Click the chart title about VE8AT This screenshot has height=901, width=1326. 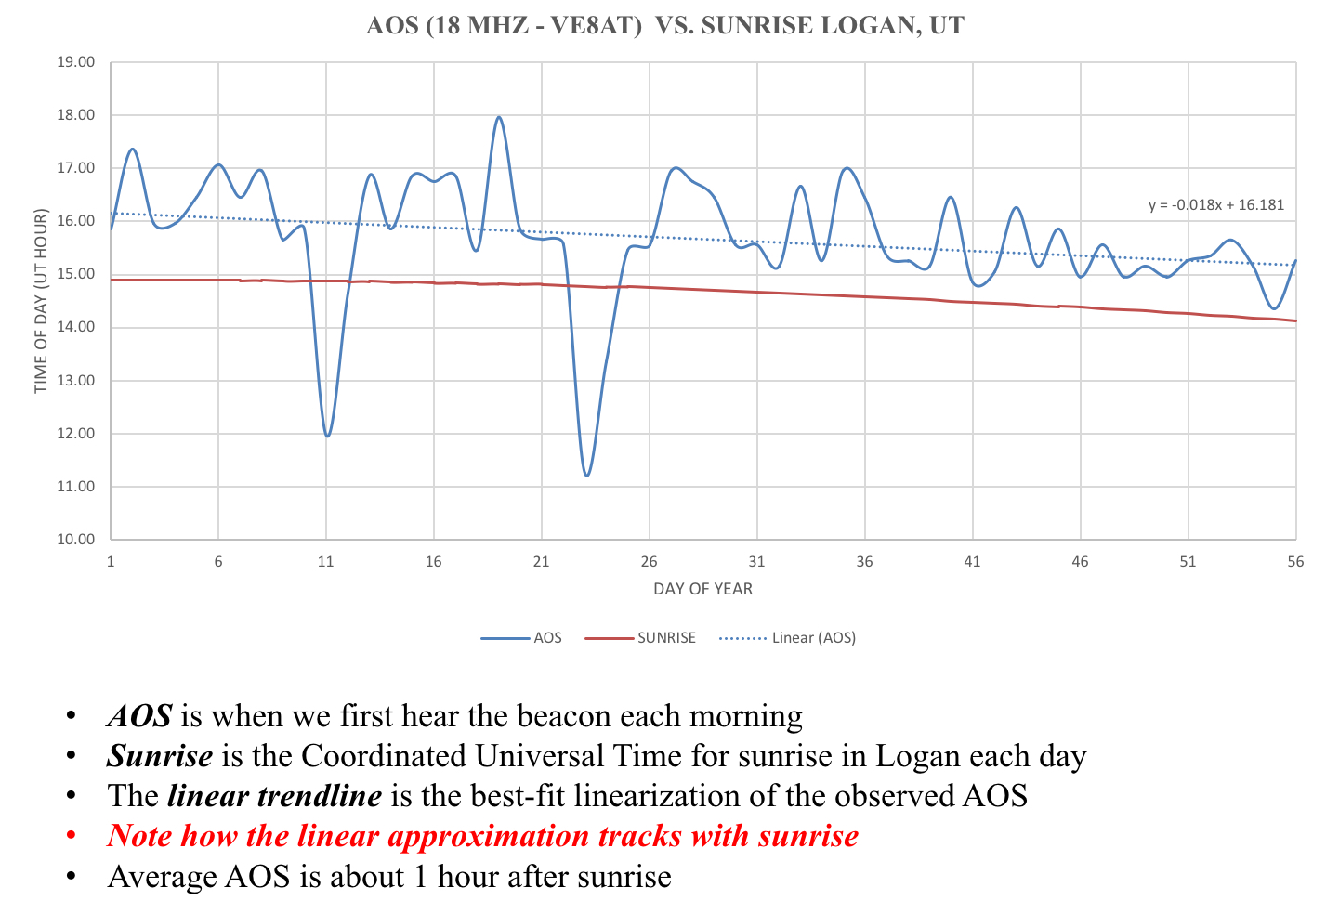[665, 25]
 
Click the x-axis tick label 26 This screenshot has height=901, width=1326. [649, 562]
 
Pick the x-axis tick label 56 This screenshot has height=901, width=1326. [1295, 562]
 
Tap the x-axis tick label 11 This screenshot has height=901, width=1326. [325, 562]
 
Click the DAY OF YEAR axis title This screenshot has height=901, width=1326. [702, 589]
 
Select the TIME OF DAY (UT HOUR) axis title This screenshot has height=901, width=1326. [41, 301]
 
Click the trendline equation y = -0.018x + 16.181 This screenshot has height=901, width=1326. [1216, 205]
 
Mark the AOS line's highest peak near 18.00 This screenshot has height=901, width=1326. [499, 117]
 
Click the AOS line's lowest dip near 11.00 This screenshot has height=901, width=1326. [586, 476]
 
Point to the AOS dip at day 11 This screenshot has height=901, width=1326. [327, 436]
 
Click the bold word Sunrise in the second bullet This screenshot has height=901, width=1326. [160, 756]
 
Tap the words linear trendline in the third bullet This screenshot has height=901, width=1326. [274, 796]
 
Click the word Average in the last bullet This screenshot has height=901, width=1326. [163, 876]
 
